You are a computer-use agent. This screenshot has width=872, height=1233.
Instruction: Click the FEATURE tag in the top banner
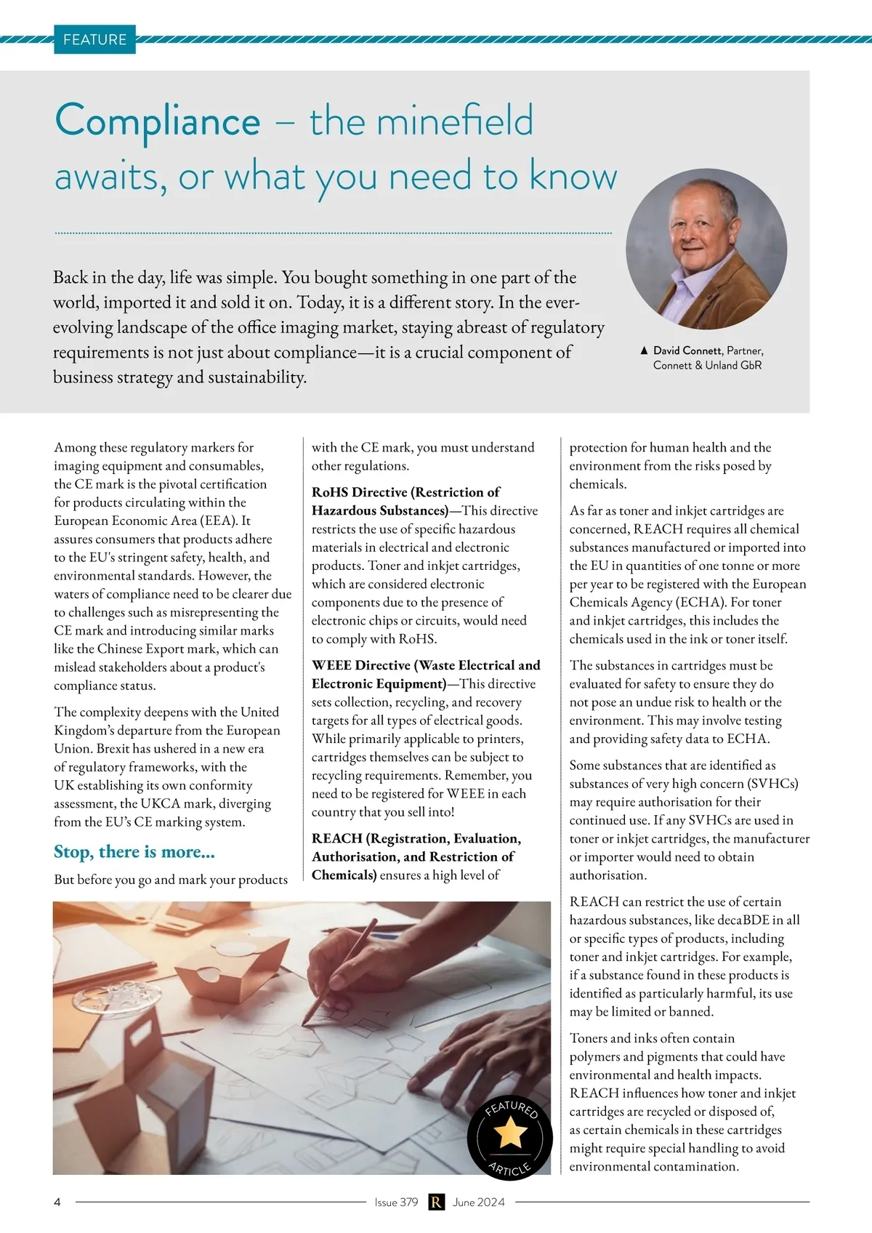point(94,39)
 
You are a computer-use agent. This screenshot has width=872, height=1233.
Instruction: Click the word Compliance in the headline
point(158,121)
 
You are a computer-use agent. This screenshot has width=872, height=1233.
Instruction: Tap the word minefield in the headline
point(421,121)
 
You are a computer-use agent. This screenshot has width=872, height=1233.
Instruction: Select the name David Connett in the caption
point(687,350)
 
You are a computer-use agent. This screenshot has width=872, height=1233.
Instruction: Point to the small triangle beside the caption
point(644,350)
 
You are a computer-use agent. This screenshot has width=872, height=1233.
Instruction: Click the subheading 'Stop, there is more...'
point(134,851)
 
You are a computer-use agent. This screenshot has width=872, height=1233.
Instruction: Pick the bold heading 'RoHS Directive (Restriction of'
point(405,492)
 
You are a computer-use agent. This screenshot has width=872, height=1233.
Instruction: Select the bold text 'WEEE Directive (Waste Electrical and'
point(426,665)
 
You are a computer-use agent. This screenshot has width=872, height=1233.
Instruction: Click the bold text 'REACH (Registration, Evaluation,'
point(416,838)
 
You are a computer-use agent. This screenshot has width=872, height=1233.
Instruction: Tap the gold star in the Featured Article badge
point(510,1133)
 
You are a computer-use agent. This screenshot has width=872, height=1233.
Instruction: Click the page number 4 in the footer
point(57,1202)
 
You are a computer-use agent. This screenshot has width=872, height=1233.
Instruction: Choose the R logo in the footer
point(436,1202)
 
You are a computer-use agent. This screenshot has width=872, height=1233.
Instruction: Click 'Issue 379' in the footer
point(396,1202)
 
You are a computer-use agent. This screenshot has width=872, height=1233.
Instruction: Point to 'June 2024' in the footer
point(478,1202)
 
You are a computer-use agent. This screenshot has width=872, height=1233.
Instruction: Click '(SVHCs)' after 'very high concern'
point(774,783)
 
